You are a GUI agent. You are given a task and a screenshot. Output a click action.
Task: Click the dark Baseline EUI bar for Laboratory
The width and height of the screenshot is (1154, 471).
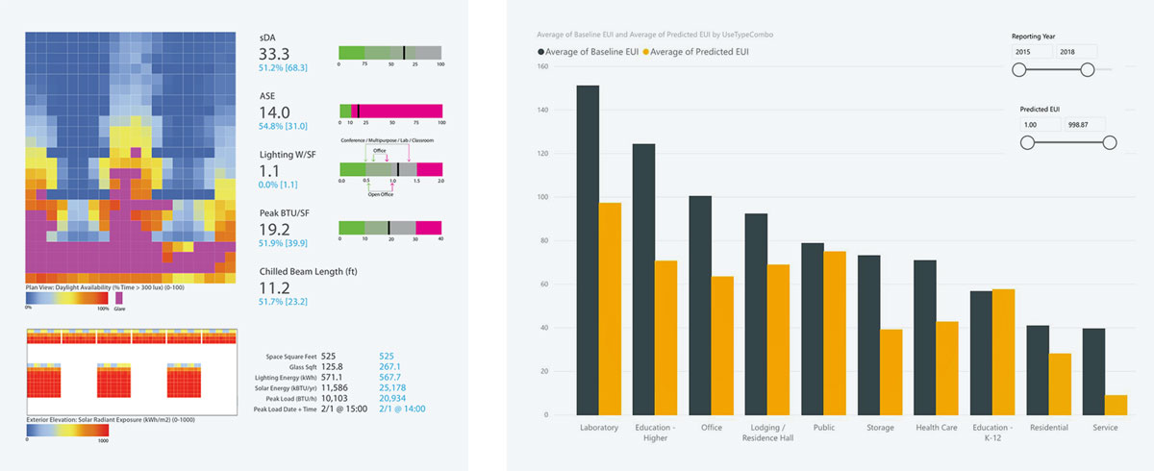point(588,250)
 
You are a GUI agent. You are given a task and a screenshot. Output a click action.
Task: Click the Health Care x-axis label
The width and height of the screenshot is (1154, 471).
point(936,428)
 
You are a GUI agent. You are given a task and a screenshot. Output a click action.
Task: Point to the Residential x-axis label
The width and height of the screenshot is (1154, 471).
point(1049,428)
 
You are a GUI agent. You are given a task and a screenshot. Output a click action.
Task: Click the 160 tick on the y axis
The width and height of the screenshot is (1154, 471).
point(543,66)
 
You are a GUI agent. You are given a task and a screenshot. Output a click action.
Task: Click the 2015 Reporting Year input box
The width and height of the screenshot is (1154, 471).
point(1031,51)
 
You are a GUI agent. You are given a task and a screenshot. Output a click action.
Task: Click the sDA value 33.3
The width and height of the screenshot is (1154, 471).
point(275,55)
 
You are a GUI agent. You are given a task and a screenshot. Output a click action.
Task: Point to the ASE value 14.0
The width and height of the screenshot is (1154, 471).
point(275,112)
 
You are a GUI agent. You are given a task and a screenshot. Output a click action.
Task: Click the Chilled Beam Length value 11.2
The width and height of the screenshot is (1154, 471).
point(275,287)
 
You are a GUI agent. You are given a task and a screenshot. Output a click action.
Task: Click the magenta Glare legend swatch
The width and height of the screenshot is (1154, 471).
point(119,298)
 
